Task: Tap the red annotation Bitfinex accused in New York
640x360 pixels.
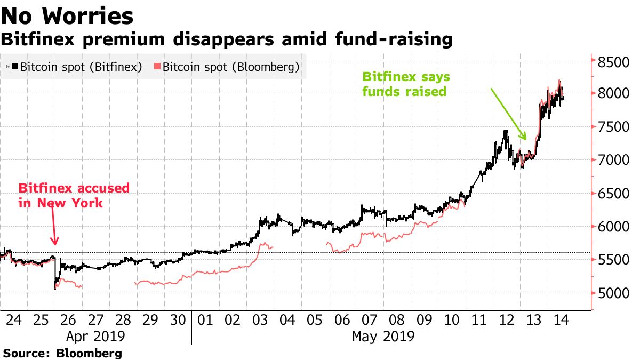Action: [x=74, y=195]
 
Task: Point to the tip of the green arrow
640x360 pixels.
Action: [x=526, y=140]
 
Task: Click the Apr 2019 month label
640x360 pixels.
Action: [x=95, y=337]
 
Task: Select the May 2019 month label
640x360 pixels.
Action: [x=383, y=337]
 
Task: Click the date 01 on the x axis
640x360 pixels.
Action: [x=205, y=320]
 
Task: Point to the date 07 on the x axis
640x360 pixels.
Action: [x=370, y=320]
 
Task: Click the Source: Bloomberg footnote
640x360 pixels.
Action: [x=62, y=353]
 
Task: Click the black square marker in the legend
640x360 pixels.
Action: [x=15, y=67]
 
